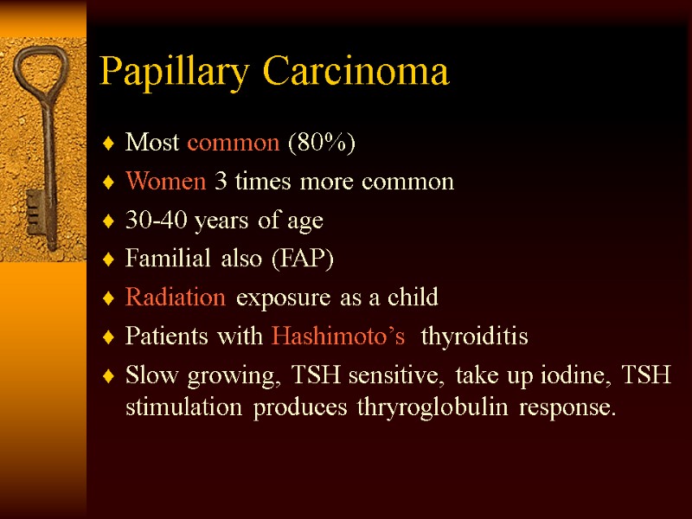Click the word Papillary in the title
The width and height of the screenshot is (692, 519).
(178, 73)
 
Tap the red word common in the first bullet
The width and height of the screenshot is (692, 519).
(233, 144)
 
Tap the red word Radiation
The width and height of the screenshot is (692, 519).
(176, 298)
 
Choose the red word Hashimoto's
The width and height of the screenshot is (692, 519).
(338, 336)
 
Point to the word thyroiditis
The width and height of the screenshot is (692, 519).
(473, 336)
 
